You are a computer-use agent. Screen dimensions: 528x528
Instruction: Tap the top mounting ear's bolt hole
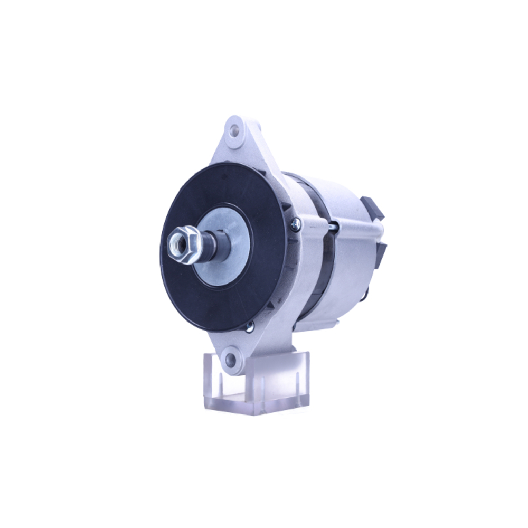pos(235,130)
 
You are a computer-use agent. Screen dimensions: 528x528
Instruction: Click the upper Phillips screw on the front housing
pos(296,224)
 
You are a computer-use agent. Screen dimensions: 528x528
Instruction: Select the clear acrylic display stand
pos(256,383)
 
